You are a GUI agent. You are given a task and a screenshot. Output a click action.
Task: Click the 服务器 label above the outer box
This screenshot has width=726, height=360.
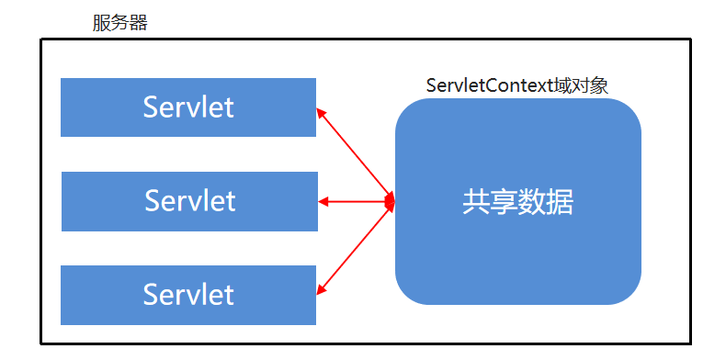119,23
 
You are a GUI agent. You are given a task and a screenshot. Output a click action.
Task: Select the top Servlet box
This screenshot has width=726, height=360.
188,107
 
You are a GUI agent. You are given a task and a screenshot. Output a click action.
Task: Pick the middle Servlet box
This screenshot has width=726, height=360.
190,201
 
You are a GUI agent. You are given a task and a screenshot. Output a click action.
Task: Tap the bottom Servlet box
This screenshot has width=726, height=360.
188,295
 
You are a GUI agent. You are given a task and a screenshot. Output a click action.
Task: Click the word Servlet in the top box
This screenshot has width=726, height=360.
188,107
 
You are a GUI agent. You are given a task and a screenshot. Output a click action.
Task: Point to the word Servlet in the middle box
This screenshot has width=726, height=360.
190,201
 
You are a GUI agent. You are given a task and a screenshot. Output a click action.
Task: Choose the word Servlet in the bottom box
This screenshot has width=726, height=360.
188,295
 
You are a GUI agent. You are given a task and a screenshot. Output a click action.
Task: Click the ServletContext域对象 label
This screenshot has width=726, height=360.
517,85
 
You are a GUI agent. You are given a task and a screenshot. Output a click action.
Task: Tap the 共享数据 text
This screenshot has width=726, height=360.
518,202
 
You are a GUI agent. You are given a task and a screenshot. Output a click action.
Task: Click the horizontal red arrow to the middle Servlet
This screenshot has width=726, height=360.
357,202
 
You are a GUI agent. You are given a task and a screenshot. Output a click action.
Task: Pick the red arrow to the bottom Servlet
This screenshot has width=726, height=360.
355,249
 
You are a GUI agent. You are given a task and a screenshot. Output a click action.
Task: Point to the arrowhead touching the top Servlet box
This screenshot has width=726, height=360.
321,113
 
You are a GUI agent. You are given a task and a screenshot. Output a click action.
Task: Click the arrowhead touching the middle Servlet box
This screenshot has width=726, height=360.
323,202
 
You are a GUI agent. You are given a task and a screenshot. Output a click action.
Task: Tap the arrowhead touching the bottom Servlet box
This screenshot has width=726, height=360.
321,290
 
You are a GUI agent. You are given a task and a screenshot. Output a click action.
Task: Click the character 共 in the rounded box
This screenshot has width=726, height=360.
476,202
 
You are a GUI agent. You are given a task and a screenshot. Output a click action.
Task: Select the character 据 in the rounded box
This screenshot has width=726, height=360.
561,202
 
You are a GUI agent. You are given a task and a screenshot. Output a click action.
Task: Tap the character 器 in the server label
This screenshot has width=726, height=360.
139,23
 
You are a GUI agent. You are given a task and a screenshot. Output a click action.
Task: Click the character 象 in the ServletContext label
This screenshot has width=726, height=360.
599,85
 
